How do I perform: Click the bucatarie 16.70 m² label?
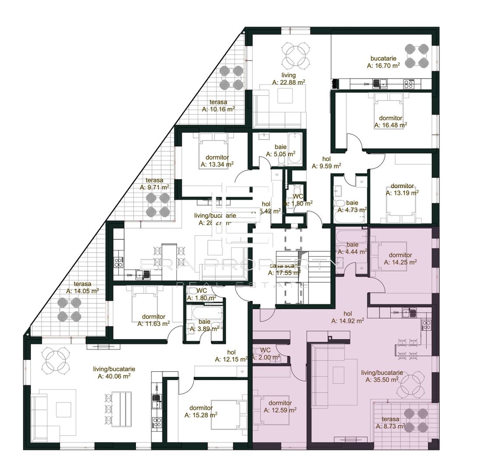(x=383, y=62)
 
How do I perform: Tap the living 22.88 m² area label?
(x=289, y=79)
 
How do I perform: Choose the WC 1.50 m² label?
(x=298, y=200)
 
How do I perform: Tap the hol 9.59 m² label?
(x=326, y=162)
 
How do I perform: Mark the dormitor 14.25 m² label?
(x=400, y=259)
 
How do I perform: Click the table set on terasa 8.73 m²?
(x=416, y=419)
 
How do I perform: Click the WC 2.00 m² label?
(x=266, y=354)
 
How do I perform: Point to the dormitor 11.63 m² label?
(x=153, y=320)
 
